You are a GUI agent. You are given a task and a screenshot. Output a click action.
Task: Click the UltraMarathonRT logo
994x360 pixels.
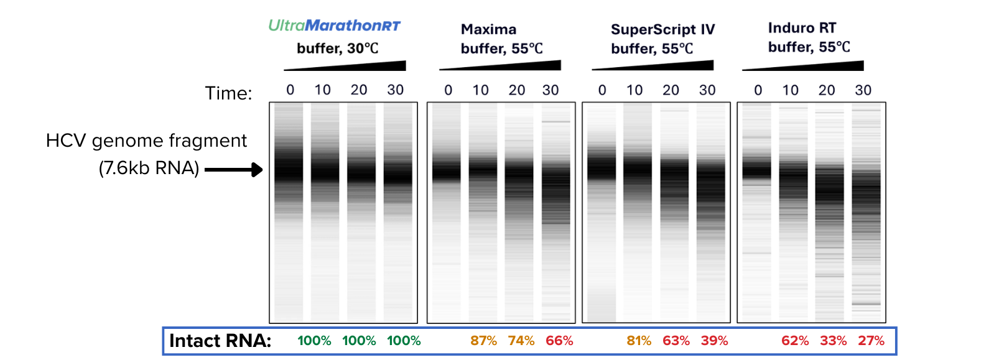(x=334, y=25)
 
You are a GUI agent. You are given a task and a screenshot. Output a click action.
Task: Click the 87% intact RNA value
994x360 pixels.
(x=483, y=341)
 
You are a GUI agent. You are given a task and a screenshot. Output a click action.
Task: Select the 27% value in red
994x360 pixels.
(x=871, y=341)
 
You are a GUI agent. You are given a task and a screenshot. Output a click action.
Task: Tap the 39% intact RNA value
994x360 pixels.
(x=714, y=341)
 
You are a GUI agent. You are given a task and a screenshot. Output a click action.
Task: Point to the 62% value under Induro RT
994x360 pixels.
(x=795, y=341)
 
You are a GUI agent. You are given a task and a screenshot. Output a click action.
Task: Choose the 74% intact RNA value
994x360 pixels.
(x=521, y=341)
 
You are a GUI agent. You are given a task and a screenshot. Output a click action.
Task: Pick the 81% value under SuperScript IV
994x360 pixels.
(x=639, y=341)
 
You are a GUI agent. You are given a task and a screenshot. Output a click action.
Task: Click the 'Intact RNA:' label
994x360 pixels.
(x=220, y=341)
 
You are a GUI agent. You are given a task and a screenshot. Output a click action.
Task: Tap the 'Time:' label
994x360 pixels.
(x=228, y=93)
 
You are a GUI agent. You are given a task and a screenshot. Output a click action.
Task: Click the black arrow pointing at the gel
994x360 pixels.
(x=234, y=169)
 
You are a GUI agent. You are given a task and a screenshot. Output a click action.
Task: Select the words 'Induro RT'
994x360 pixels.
(x=802, y=28)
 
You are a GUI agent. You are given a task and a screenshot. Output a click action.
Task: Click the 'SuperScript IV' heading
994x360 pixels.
(x=662, y=29)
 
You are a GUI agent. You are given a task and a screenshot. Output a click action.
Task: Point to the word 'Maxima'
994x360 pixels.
(x=488, y=29)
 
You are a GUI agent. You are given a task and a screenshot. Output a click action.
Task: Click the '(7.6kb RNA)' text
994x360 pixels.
(x=149, y=168)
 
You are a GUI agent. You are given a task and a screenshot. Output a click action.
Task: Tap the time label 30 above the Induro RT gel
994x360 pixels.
(x=863, y=90)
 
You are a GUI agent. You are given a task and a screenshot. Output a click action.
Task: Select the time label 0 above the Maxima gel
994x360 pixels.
(x=448, y=90)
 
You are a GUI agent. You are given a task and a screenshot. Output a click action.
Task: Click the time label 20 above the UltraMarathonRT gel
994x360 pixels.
(x=359, y=90)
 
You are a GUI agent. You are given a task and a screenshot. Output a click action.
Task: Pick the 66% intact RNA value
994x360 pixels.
(x=559, y=341)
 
